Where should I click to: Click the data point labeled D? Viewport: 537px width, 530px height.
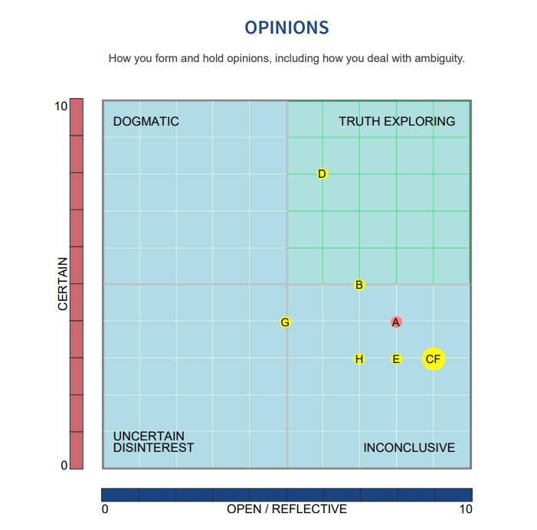(x=323, y=174)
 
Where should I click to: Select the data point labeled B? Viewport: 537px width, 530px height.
(x=359, y=285)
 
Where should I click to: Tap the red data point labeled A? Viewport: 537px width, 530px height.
(x=396, y=322)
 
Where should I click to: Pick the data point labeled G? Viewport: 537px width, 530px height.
(x=285, y=322)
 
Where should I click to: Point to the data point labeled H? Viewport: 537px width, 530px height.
(x=359, y=359)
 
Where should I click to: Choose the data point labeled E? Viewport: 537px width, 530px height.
(x=396, y=359)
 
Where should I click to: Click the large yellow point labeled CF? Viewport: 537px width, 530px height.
(x=434, y=359)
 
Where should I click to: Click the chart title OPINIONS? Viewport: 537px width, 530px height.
(x=287, y=28)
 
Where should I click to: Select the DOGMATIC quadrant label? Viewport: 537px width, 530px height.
(x=146, y=122)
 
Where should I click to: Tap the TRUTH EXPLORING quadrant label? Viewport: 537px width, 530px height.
(x=397, y=122)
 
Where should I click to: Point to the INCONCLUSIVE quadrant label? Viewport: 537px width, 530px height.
(x=409, y=447)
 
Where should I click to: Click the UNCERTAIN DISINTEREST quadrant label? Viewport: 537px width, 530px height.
(x=153, y=442)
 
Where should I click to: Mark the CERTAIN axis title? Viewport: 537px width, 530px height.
(x=64, y=283)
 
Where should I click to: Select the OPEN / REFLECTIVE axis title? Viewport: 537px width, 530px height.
(x=287, y=509)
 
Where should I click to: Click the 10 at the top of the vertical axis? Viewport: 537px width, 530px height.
(x=61, y=106)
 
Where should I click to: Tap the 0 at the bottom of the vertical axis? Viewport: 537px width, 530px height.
(x=64, y=464)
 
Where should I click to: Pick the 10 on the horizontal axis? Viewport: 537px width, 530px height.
(x=465, y=509)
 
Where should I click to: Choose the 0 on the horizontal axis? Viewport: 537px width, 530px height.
(x=105, y=509)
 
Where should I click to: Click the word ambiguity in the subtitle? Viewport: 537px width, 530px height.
(x=439, y=58)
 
